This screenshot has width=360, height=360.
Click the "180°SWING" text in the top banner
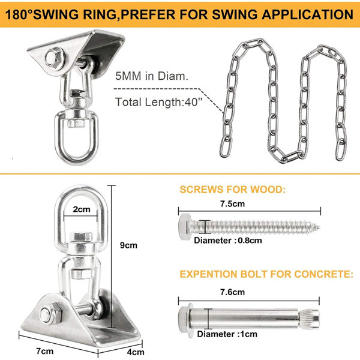pos(42,14)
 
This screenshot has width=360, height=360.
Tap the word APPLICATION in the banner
pos(307,14)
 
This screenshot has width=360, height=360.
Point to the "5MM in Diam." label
pos(152,76)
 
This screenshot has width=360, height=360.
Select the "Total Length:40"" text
pos(158,102)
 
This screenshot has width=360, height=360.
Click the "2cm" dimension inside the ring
pos(82,209)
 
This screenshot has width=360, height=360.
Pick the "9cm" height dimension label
pos(128,245)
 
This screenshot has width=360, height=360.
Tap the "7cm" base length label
pos(45,351)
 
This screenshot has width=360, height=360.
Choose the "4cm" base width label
pos(136,352)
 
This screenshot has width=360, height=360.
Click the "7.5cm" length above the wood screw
pos(233,204)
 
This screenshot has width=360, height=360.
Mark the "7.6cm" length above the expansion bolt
pos(233,292)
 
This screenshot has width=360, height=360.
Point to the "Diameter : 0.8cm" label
pos(228,241)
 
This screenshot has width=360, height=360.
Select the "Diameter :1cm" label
pos(227,334)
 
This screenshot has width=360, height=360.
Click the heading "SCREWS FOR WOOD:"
pos(233,190)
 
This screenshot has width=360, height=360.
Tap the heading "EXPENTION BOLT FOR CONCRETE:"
pos(266,274)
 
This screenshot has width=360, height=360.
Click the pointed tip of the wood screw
pos(319,227)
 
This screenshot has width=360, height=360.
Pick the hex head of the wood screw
pos(185,227)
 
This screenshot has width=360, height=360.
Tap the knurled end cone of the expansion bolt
pos(309,319)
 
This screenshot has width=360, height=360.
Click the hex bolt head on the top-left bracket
pos(55,58)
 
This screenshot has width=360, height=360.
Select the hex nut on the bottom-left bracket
pos(49,313)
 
